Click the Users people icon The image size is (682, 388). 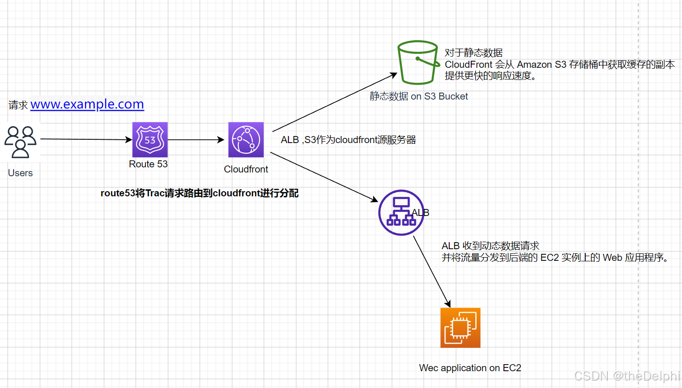tap(20, 142)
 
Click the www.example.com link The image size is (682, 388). tap(87, 104)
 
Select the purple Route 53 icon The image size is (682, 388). tap(150, 140)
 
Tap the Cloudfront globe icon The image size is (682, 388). tap(246, 140)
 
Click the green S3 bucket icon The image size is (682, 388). tap(417, 63)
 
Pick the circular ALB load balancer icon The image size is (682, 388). tap(401, 213)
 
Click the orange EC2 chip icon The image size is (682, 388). tap(460, 328)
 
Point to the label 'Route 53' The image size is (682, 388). tap(148, 164)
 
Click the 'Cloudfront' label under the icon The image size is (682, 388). tap(246, 169)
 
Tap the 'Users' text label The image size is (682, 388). tap(20, 173)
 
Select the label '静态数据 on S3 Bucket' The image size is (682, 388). tap(418, 96)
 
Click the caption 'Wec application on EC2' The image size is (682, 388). tap(470, 368)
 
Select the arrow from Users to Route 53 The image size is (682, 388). tap(86, 139)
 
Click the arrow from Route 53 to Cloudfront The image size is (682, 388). tap(196, 140)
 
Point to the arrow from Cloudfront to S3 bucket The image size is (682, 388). tap(334, 102)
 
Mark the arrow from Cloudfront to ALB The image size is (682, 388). tap(323, 177)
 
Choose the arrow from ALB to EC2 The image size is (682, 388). tap(431, 271)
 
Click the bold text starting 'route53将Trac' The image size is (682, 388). tap(199, 193)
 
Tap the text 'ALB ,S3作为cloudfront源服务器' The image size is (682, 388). tap(348, 140)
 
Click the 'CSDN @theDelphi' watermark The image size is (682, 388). tap(626, 376)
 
